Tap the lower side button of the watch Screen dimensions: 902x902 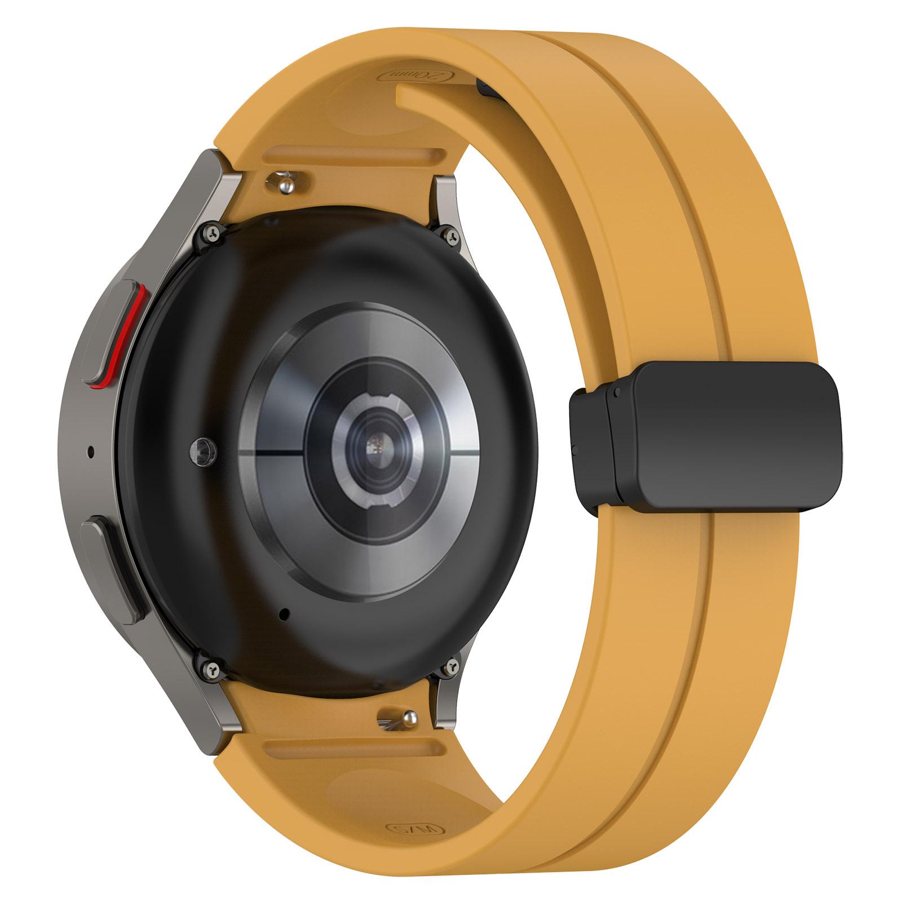[x=110, y=569]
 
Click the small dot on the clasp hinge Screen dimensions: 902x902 [x=618, y=391]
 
